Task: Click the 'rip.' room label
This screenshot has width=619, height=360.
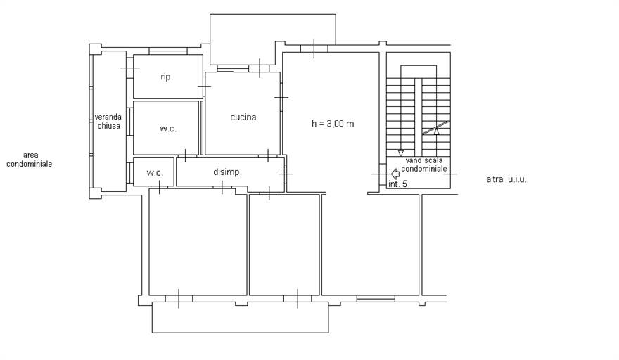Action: pyautogui.click(x=167, y=77)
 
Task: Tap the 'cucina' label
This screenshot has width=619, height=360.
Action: pyautogui.click(x=243, y=117)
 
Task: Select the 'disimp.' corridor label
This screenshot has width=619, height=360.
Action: pyautogui.click(x=227, y=172)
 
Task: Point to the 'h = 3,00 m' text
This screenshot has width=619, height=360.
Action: pyautogui.click(x=333, y=124)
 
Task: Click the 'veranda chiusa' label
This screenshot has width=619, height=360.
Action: pyautogui.click(x=108, y=122)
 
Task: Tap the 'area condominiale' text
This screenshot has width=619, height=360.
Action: pyautogui.click(x=30, y=160)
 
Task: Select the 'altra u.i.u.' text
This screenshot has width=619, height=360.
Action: pyautogui.click(x=506, y=179)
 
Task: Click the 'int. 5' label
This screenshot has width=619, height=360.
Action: pyautogui.click(x=397, y=184)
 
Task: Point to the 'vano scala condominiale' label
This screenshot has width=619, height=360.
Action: pyautogui.click(x=424, y=165)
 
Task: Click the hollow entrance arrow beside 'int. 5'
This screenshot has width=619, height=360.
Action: pyautogui.click(x=395, y=173)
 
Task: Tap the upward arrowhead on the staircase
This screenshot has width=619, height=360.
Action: pyautogui.click(x=436, y=132)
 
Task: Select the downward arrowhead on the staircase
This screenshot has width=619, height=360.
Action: pyautogui.click(x=401, y=153)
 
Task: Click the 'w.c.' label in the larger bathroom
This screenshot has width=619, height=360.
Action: pyautogui.click(x=168, y=128)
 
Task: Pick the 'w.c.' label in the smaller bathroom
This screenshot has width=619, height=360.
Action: pyautogui.click(x=154, y=172)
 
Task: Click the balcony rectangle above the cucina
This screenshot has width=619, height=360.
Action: pyautogui.click(x=273, y=39)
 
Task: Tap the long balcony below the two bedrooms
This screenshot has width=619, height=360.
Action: pyautogui.click(x=240, y=317)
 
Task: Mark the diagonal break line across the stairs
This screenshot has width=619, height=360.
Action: pyautogui.click(x=436, y=127)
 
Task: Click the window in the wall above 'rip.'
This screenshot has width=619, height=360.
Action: pyautogui.click(x=168, y=51)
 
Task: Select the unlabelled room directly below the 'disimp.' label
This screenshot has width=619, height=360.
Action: pyautogui.click(x=198, y=242)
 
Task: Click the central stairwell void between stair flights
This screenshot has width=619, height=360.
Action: pyautogui.click(x=418, y=117)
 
